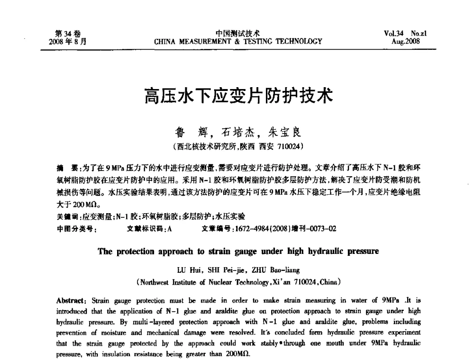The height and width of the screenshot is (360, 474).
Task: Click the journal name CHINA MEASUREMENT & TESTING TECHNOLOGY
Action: (x=238, y=41)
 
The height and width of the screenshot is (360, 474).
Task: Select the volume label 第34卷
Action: (x=68, y=33)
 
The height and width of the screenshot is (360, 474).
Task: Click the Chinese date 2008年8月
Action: (x=68, y=41)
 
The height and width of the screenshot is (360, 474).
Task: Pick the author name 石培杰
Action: (x=242, y=131)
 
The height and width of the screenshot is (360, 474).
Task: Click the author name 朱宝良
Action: (x=285, y=131)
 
